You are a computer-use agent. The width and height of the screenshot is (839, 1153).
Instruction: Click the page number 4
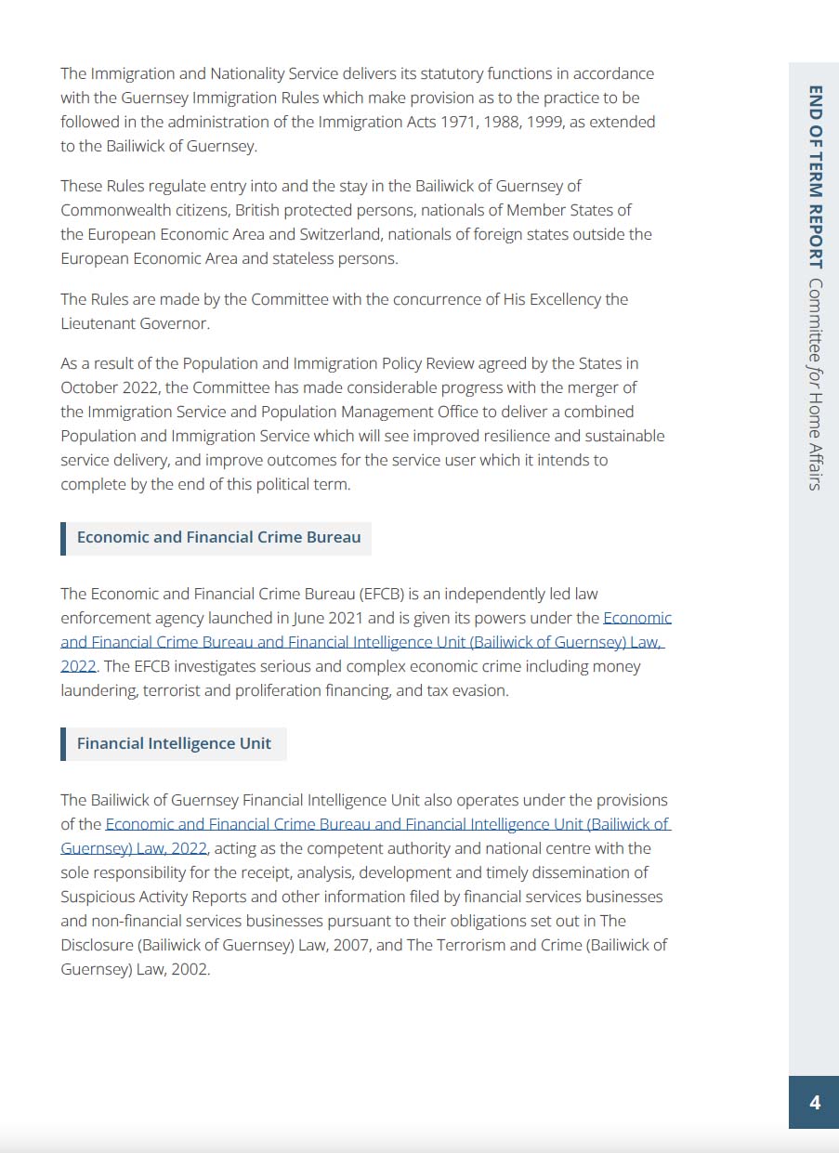click(x=815, y=1103)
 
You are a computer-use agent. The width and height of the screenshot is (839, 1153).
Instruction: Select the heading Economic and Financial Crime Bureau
click(x=218, y=537)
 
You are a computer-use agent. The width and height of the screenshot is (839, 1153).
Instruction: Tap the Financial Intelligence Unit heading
click(x=174, y=743)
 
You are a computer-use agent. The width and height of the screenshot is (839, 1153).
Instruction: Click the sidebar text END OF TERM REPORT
click(x=815, y=177)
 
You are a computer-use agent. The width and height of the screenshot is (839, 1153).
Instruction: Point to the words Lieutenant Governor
click(x=135, y=323)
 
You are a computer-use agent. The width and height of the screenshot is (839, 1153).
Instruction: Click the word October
click(x=90, y=387)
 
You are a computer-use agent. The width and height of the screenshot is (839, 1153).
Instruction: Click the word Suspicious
click(x=98, y=897)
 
